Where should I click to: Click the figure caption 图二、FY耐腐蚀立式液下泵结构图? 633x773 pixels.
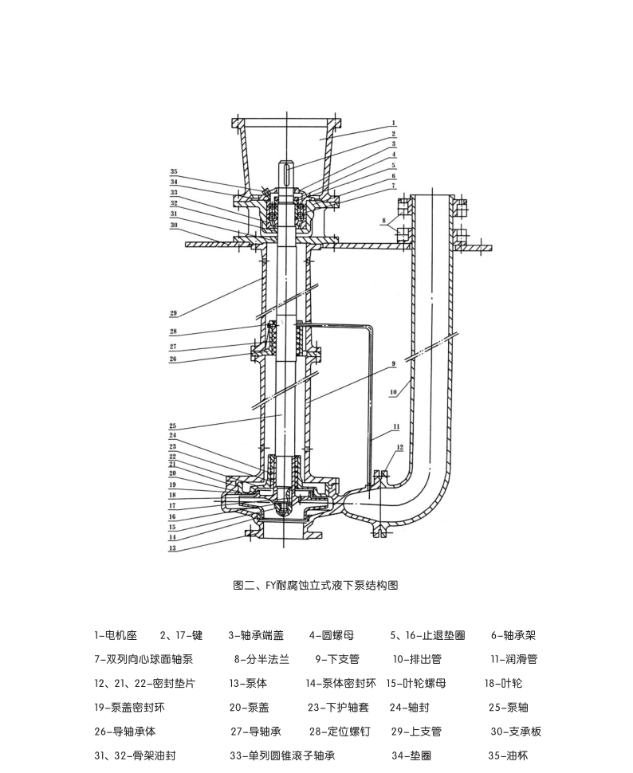pos(315,585)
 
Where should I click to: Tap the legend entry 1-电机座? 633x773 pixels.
pos(116,635)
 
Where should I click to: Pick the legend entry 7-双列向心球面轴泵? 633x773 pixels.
pos(144,659)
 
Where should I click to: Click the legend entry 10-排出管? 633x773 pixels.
pos(416,659)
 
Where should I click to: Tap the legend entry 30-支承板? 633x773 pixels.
pos(516,731)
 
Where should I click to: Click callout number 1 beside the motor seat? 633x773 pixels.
pos(394,124)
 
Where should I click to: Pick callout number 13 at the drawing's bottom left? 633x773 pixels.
pos(173,548)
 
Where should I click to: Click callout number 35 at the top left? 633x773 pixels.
pos(173,172)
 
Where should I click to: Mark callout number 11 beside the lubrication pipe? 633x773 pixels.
pos(396,427)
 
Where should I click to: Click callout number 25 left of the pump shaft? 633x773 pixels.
pos(173,426)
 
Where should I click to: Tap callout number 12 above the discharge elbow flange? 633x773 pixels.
pos(400,447)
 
